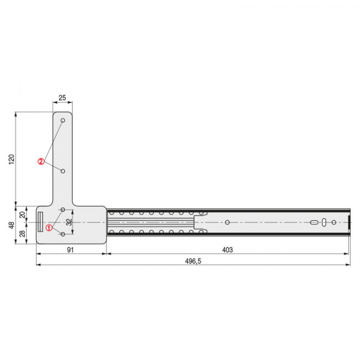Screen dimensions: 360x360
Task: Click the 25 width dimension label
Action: pyautogui.click(x=62, y=98)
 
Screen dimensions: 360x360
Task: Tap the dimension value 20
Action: pyautogui.click(x=22, y=214)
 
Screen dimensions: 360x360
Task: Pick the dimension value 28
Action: pyautogui.click(x=22, y=233)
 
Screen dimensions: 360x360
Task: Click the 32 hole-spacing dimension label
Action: pyautogui.click(x=69, y=222)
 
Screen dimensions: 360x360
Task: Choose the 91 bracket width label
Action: pyautogui.click(x=70, y=250)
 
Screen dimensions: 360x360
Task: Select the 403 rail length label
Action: pyautogui.click(x=227, y=250)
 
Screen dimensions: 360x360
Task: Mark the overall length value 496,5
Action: pyautogui.click(x=191, y=261)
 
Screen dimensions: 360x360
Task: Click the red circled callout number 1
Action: pyautogui.click(x=49, y=228)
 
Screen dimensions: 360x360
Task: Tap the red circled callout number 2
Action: pyautogui.click(x=41, y=161)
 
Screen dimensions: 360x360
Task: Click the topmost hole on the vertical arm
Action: pyautogui.click(x=63, y=120)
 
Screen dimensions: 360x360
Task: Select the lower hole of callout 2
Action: pyautogui.click(x=63, y=171)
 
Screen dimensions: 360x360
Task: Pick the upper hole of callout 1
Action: pyautogui.click(x=63, y=209)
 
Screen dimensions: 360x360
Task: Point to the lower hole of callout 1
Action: pyautogui.click(x=63, y=234)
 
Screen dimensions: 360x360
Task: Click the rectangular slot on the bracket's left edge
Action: pyautogui.click(x=40, y=222)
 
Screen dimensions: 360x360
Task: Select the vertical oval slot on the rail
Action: pyautogui.click(x=324, y=222)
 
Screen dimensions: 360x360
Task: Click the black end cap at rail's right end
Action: pyautogui.click(x=349, y=222)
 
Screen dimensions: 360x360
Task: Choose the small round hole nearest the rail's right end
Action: pyautogui.click(x=333, y=222)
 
